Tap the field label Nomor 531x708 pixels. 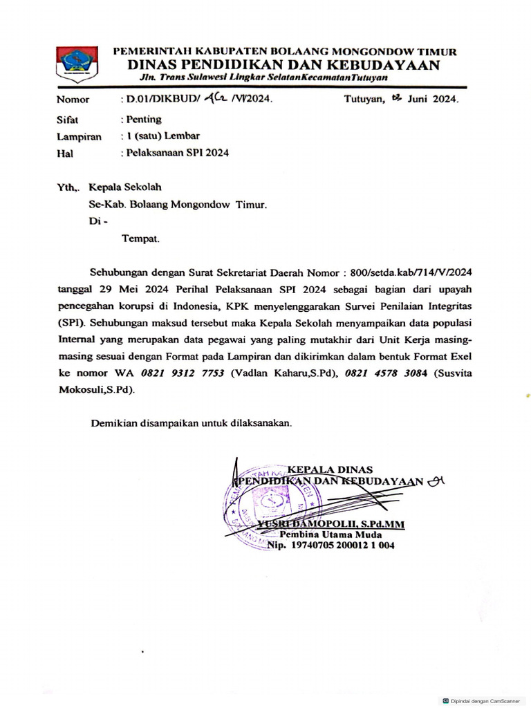73,100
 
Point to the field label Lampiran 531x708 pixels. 79,137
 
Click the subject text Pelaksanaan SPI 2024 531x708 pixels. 177,153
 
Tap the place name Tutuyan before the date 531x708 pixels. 365,100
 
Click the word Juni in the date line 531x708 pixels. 419,100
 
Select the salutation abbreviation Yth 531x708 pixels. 68,187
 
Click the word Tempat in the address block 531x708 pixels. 140,239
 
